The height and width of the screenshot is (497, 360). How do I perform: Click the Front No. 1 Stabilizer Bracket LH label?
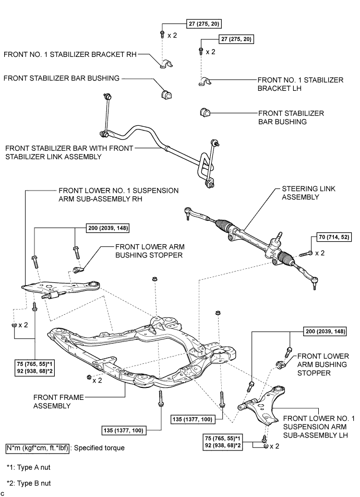300,84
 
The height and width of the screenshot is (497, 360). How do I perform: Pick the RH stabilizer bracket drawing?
165,65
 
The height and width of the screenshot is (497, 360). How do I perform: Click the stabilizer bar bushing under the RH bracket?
166,94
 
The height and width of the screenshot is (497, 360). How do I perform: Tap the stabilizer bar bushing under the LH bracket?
205,113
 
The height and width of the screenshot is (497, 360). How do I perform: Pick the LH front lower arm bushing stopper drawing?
280,363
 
